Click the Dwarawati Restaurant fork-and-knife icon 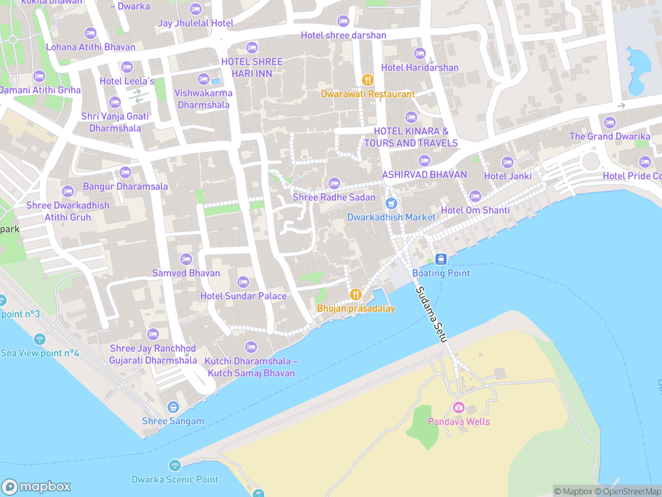(x=368, y=79)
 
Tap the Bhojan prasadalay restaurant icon (x=355, y=295)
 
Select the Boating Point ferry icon (x=440, y=259)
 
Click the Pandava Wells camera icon (x=458, y=408)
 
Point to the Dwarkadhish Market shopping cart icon (x=391, y=203)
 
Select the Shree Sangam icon (x=173, y=407)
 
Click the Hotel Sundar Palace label (x=243, y=296)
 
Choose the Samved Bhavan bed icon (x=186, y=259)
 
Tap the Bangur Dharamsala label (x=126, y=187)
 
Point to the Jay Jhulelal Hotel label (x=196, y=23)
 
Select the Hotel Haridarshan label (x=420, y=67)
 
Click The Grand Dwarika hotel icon (x=609, y=122)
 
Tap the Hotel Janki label (x=508, y=176)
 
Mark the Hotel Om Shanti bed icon (x=475, y=196)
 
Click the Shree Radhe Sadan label (x=334, y=197)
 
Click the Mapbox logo (x=37, y=487)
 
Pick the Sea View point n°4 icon (x=40, y=339)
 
